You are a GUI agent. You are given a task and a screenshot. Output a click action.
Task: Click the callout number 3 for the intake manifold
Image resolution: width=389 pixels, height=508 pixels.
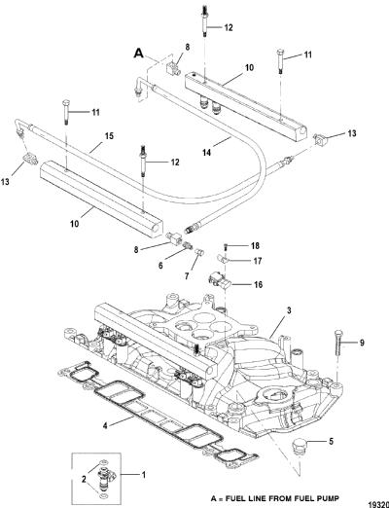(x=289, y=310)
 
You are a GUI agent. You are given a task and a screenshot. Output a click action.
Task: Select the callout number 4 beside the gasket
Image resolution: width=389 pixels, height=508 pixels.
(x=105, y=425)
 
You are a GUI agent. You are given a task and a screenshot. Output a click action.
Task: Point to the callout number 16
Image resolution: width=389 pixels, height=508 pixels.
(x=259, y=285)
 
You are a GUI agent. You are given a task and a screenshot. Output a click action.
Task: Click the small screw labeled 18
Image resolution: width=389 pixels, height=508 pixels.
(x=226, y=247)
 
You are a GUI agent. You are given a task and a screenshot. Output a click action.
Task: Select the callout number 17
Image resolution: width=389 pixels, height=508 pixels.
(x=258, y=261)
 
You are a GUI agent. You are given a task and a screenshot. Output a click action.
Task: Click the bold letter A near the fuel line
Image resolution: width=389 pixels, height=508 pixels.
(x=139, y=54)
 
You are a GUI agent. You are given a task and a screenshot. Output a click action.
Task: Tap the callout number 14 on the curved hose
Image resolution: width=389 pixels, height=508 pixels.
(x=206, y=152)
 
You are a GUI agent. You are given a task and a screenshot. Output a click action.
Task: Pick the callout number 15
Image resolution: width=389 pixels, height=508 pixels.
(x=109, y=136)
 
